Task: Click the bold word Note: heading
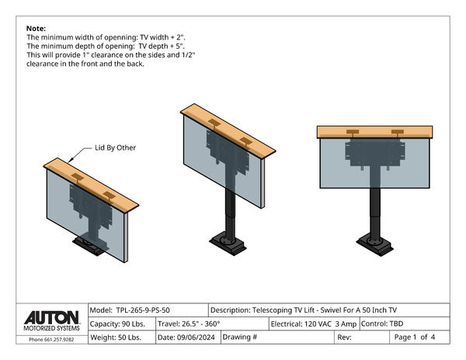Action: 36,29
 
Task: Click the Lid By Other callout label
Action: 115,147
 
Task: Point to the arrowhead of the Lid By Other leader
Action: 69,161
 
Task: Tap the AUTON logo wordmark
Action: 52,318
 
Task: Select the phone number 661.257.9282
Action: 59,340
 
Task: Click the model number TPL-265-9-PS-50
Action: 143,310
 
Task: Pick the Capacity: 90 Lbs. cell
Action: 122,324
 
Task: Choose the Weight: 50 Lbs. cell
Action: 122,337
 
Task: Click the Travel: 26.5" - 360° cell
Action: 212,324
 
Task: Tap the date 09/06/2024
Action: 196,337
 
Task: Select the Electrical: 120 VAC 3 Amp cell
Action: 314,324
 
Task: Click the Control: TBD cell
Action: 405,324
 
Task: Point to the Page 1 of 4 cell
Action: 419,337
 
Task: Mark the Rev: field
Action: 362,337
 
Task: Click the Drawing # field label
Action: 239,337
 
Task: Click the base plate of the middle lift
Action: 228,243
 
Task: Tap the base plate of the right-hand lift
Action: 375,244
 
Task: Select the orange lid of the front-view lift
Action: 375,132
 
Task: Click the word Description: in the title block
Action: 231,310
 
